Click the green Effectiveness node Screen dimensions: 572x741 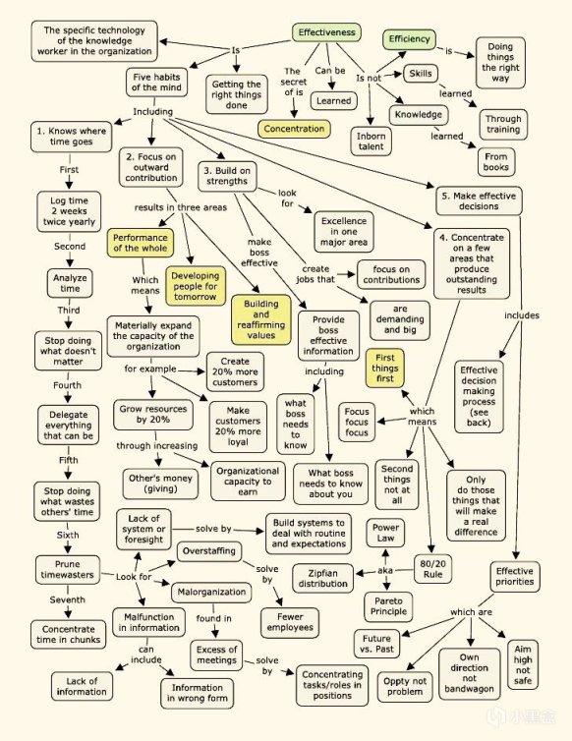[326, 32]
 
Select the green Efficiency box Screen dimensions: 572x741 [410, 39]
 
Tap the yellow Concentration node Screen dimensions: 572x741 [294, 129]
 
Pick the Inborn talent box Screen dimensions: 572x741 [372, 142]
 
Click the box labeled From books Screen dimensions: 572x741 [496, 162]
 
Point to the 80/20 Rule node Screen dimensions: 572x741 [433, 569]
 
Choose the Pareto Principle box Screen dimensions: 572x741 [388, 606]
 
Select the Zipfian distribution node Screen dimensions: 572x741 [323, 579]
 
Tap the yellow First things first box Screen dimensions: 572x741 [385, 369]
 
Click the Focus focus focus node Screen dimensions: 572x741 [357, 422]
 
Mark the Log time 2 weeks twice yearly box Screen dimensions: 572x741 [69, 211]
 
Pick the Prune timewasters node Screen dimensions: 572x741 [68, 569]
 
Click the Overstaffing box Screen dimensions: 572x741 [209, 551]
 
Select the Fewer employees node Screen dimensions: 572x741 [290, 622]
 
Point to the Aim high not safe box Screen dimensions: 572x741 [523, 665]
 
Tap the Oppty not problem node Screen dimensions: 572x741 [405, 687]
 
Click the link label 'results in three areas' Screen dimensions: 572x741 [181, 207]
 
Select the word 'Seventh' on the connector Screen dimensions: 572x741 [68, 599]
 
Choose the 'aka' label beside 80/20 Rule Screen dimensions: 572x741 [385, 570]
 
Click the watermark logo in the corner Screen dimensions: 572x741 [522, 716]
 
